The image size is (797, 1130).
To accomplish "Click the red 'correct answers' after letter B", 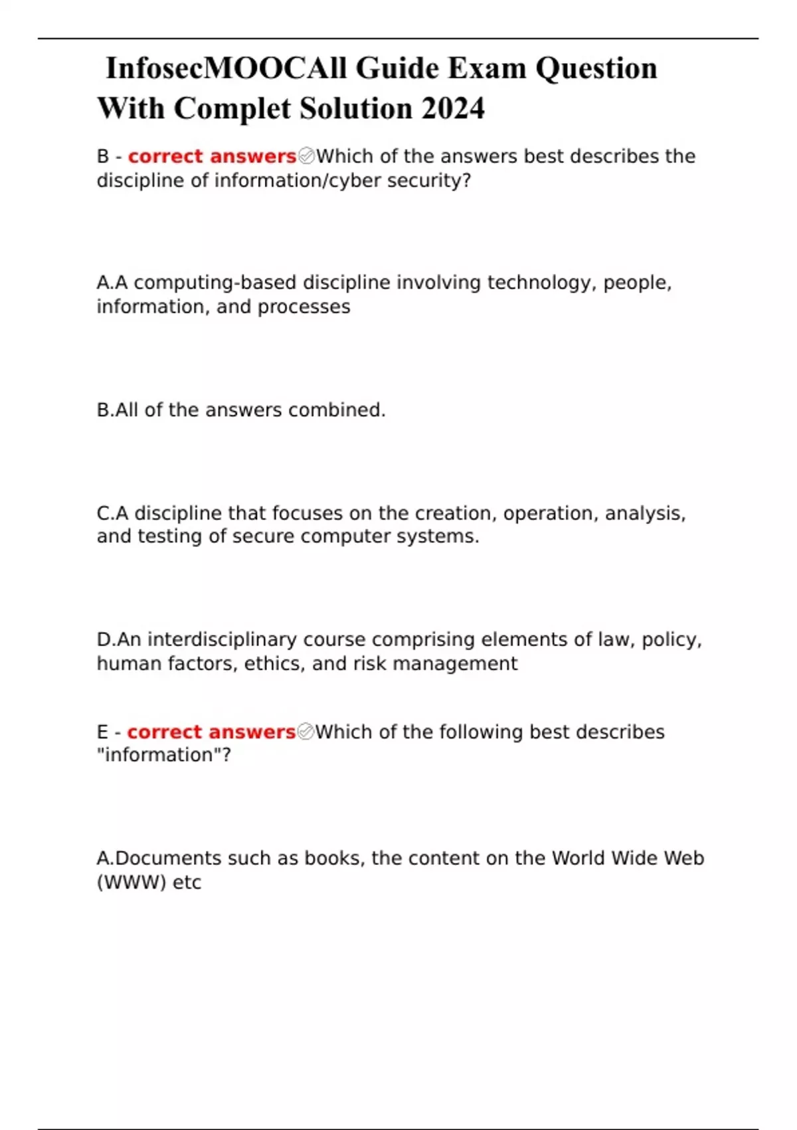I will click(x=212, y=156).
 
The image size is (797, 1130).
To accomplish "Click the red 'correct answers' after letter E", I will click(x=211, y=732).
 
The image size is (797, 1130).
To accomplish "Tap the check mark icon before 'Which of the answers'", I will click(x=306, y=156).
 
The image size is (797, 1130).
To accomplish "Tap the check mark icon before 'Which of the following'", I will click(x=306, y=732).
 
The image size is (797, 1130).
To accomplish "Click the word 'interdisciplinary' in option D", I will click(x=223, y=639).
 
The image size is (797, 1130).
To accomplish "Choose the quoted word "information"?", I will click(x=163, y=755).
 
